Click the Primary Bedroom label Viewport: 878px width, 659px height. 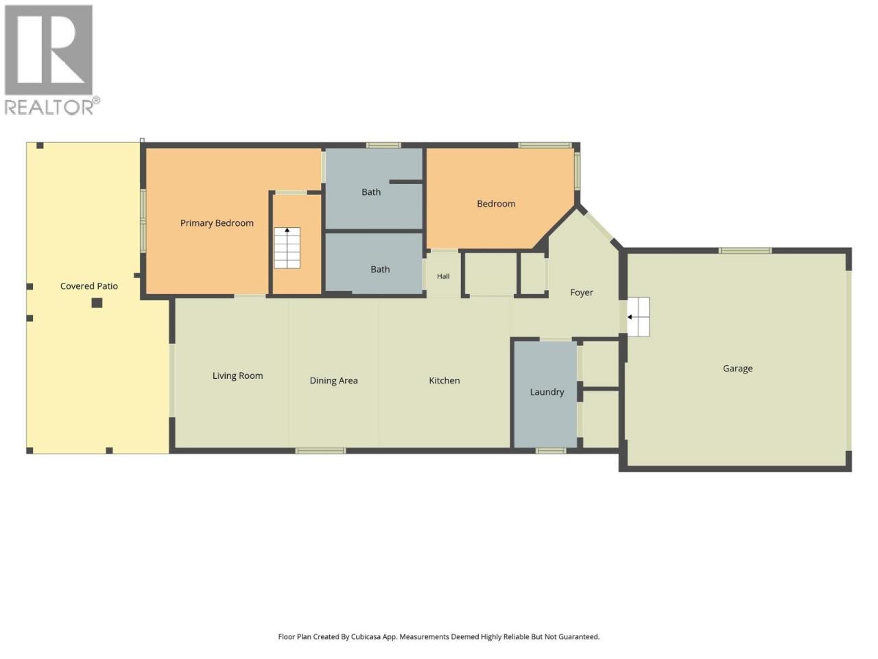(x=217, y=223)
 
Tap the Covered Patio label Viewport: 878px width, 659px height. (x=88, y=286)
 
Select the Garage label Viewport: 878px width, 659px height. (x=737, y=369)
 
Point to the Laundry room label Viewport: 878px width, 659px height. (x=547, y=392)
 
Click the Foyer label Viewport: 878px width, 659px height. (x=581, y=293)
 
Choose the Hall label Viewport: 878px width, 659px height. (x=443, y=276)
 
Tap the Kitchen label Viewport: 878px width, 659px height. (x=444, y=380)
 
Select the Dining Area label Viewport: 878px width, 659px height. (x=333, y=380)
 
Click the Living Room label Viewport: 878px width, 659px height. (x=237, y=375)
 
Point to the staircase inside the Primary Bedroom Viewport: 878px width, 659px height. (x=287, y=248)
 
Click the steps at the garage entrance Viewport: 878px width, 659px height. (x=638, y=317)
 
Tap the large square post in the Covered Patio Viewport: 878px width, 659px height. (x=97, y=303)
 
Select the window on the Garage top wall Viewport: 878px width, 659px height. (x=745, y=251)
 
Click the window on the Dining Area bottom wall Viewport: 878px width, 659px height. (x=320, y=451)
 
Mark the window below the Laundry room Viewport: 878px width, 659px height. (x=551, y=451)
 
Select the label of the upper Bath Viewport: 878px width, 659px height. (x=371, y=192)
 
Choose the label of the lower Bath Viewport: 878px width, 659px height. (x=380, y=269)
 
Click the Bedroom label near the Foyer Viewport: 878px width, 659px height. (x=496, y=204)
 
